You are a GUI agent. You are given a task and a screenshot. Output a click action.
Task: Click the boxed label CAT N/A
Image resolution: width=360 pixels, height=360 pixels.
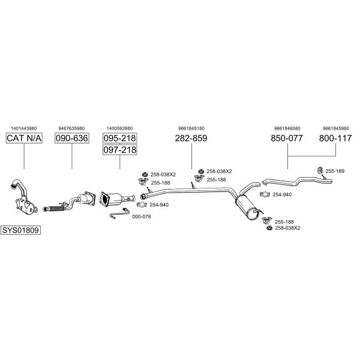(24, 139)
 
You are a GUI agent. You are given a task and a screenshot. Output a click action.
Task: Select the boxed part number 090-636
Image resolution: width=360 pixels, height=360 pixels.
(71, 139)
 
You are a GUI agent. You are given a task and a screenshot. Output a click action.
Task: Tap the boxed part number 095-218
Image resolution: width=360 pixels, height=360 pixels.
(120, 138)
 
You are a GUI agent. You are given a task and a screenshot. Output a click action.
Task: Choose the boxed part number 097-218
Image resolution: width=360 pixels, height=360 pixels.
(120, 150)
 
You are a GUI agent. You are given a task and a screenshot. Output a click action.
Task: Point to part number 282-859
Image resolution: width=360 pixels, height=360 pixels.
(191, 139)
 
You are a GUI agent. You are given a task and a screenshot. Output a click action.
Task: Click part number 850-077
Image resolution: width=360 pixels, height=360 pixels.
(287, 139)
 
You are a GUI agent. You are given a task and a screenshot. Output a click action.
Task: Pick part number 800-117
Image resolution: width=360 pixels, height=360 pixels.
(335, 139)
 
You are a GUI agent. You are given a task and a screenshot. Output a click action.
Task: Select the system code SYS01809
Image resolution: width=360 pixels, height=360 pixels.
(20, 230)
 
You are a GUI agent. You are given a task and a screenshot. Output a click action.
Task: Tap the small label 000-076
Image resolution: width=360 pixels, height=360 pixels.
(141, 217)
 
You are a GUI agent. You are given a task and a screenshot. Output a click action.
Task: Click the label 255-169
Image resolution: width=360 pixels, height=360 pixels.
(335, 171)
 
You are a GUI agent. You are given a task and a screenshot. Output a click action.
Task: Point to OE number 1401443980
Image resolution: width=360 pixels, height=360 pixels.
(24, 128)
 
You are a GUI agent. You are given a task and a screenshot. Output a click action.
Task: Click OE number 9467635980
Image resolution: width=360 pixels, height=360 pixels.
(71, 128)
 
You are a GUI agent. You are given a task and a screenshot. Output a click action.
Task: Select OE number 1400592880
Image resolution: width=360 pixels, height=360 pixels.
(119, 128)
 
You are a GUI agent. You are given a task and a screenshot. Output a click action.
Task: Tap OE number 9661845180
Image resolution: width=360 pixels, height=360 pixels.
(191, 128)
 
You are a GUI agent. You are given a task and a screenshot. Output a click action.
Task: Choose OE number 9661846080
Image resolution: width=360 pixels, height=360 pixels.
(287, 128)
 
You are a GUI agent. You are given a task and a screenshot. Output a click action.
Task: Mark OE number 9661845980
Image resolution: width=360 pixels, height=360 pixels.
(335, 128)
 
